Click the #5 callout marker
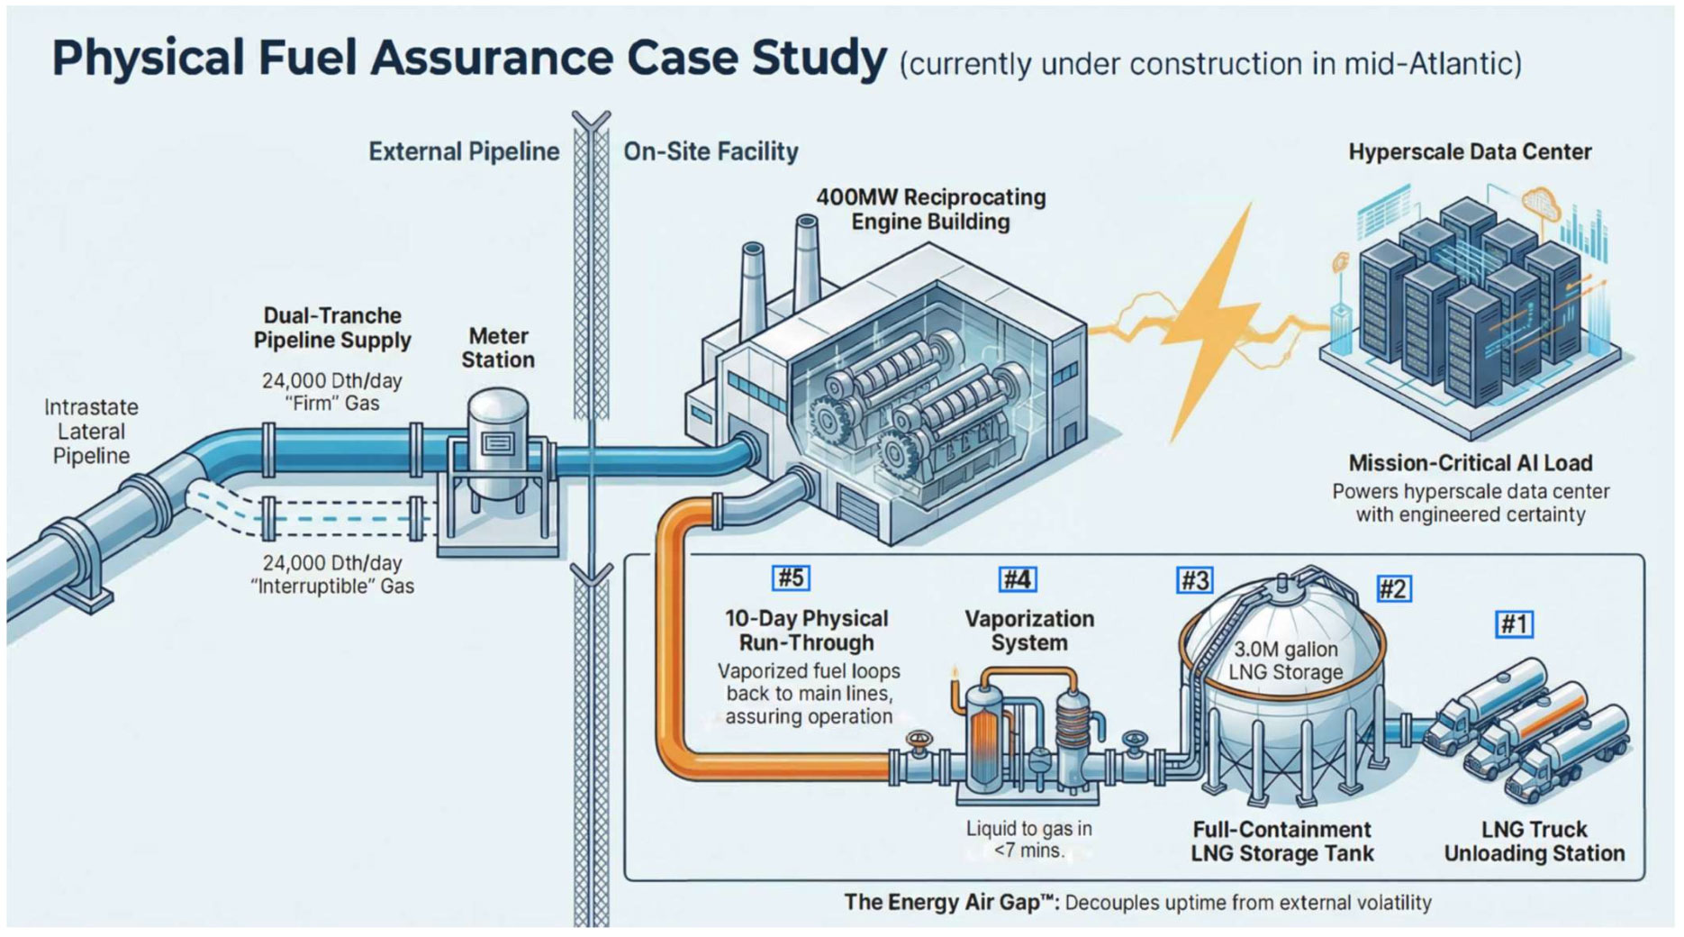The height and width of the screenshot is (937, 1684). (791, 578)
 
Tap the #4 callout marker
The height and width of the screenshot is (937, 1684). (1017, 579)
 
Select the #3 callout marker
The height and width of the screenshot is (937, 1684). (1194, 580)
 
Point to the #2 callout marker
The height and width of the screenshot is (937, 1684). (1393, 589)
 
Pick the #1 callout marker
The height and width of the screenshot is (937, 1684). (1514, 623)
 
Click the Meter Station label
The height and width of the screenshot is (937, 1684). (498, 348)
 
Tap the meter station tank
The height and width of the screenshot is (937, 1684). (498, 441)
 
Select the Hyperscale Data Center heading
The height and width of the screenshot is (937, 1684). (1470, 151)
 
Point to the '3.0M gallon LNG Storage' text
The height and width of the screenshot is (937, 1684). (1285, 660)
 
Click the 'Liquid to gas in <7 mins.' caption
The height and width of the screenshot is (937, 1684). (1028, 839)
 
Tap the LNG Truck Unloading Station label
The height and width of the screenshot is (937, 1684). (1534, 841)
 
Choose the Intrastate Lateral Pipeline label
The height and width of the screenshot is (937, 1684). (91, 432)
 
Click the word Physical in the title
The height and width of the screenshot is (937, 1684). (148, 58)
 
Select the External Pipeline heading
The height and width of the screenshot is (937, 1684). (464, 151)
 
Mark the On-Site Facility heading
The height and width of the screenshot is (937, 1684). (711, 151)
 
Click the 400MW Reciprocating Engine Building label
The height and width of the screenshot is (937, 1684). (930, 209)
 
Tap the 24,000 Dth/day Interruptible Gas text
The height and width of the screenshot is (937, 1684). (332, 575)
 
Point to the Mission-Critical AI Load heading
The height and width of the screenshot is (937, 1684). (1470, 463)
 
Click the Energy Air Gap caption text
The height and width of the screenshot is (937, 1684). (1136, 902)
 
